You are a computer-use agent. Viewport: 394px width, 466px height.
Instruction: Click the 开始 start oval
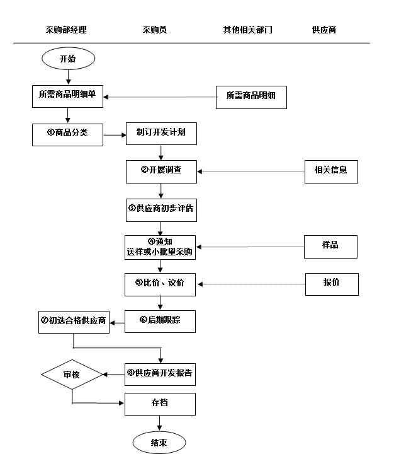pyautogui.click(x=68, y=59)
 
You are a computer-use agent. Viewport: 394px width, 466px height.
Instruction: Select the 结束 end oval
pyautogui.click(x=159, y=442)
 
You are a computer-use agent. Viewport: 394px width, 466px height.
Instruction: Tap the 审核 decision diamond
pyautogui.click(x=72, y=375)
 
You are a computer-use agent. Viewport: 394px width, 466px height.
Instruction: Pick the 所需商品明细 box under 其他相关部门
pyautogui.click(x=251, y=96)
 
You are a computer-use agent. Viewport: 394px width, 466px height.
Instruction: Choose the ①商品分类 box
pyautogui.click(x=67, y=134)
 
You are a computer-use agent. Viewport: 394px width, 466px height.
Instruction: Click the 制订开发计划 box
pyautogui.click(x=160, y=133)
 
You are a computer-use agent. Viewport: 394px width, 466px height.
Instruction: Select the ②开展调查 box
pyautogui.click(x=161, y=171)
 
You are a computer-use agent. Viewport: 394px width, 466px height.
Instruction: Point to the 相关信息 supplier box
pyautogui.click(x=331, y=171)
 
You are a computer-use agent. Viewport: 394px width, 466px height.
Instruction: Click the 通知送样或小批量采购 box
pyautogui.click(x=160, y=247)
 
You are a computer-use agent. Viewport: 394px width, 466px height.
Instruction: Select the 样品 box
pyautogui.click(x=330, y=246)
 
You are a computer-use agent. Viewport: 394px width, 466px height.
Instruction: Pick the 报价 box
pyautogui.click(x=332, y=284)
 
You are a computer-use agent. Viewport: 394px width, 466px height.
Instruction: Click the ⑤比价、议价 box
pyautogui.click(x=160, y=284)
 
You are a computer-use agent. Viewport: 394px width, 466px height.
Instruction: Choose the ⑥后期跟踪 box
pyautogui.click(x=160, y=321)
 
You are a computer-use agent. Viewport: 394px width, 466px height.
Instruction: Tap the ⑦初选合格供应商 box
pyautogui.click(x=72, y=321)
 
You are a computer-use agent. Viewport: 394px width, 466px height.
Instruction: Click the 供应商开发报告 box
pyautogui.click(x=160, y=373)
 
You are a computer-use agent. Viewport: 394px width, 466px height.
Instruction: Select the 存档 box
pyautogui.click(x=160, y=404)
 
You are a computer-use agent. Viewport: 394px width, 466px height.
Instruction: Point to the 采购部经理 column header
pyautogui.click(x=66, y=30)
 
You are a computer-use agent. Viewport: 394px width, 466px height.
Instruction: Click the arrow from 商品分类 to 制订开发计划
pyautogui.click(x=114, y=134)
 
